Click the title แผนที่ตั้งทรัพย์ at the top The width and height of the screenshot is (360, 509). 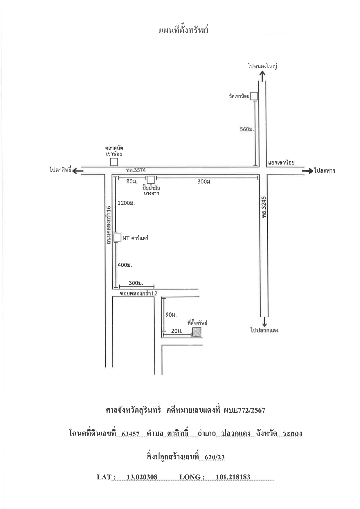click(184, 30)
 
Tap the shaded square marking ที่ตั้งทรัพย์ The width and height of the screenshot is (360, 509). click(197, 332)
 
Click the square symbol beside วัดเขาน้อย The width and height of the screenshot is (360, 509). click(254, 96)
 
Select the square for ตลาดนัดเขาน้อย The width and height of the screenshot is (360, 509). click(114, 162)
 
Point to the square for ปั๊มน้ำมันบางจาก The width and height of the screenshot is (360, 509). click(151, 180)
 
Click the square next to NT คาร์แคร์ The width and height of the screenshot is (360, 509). click(117, 238)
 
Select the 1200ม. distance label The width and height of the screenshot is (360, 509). click(126, 203)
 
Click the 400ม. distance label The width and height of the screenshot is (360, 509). click(125, 265)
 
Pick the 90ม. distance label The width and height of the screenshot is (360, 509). click(171, 315)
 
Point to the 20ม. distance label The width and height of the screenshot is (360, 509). click(177, 331)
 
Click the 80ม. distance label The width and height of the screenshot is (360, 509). click(132, 181)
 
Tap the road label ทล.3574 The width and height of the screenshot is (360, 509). click(136, 170)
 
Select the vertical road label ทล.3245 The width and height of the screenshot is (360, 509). click(264, 207)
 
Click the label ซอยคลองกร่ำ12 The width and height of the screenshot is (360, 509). click(138, 293)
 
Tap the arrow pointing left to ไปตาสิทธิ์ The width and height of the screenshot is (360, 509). click(78, 171)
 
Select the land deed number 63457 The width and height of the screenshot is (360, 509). click(131, 434)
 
